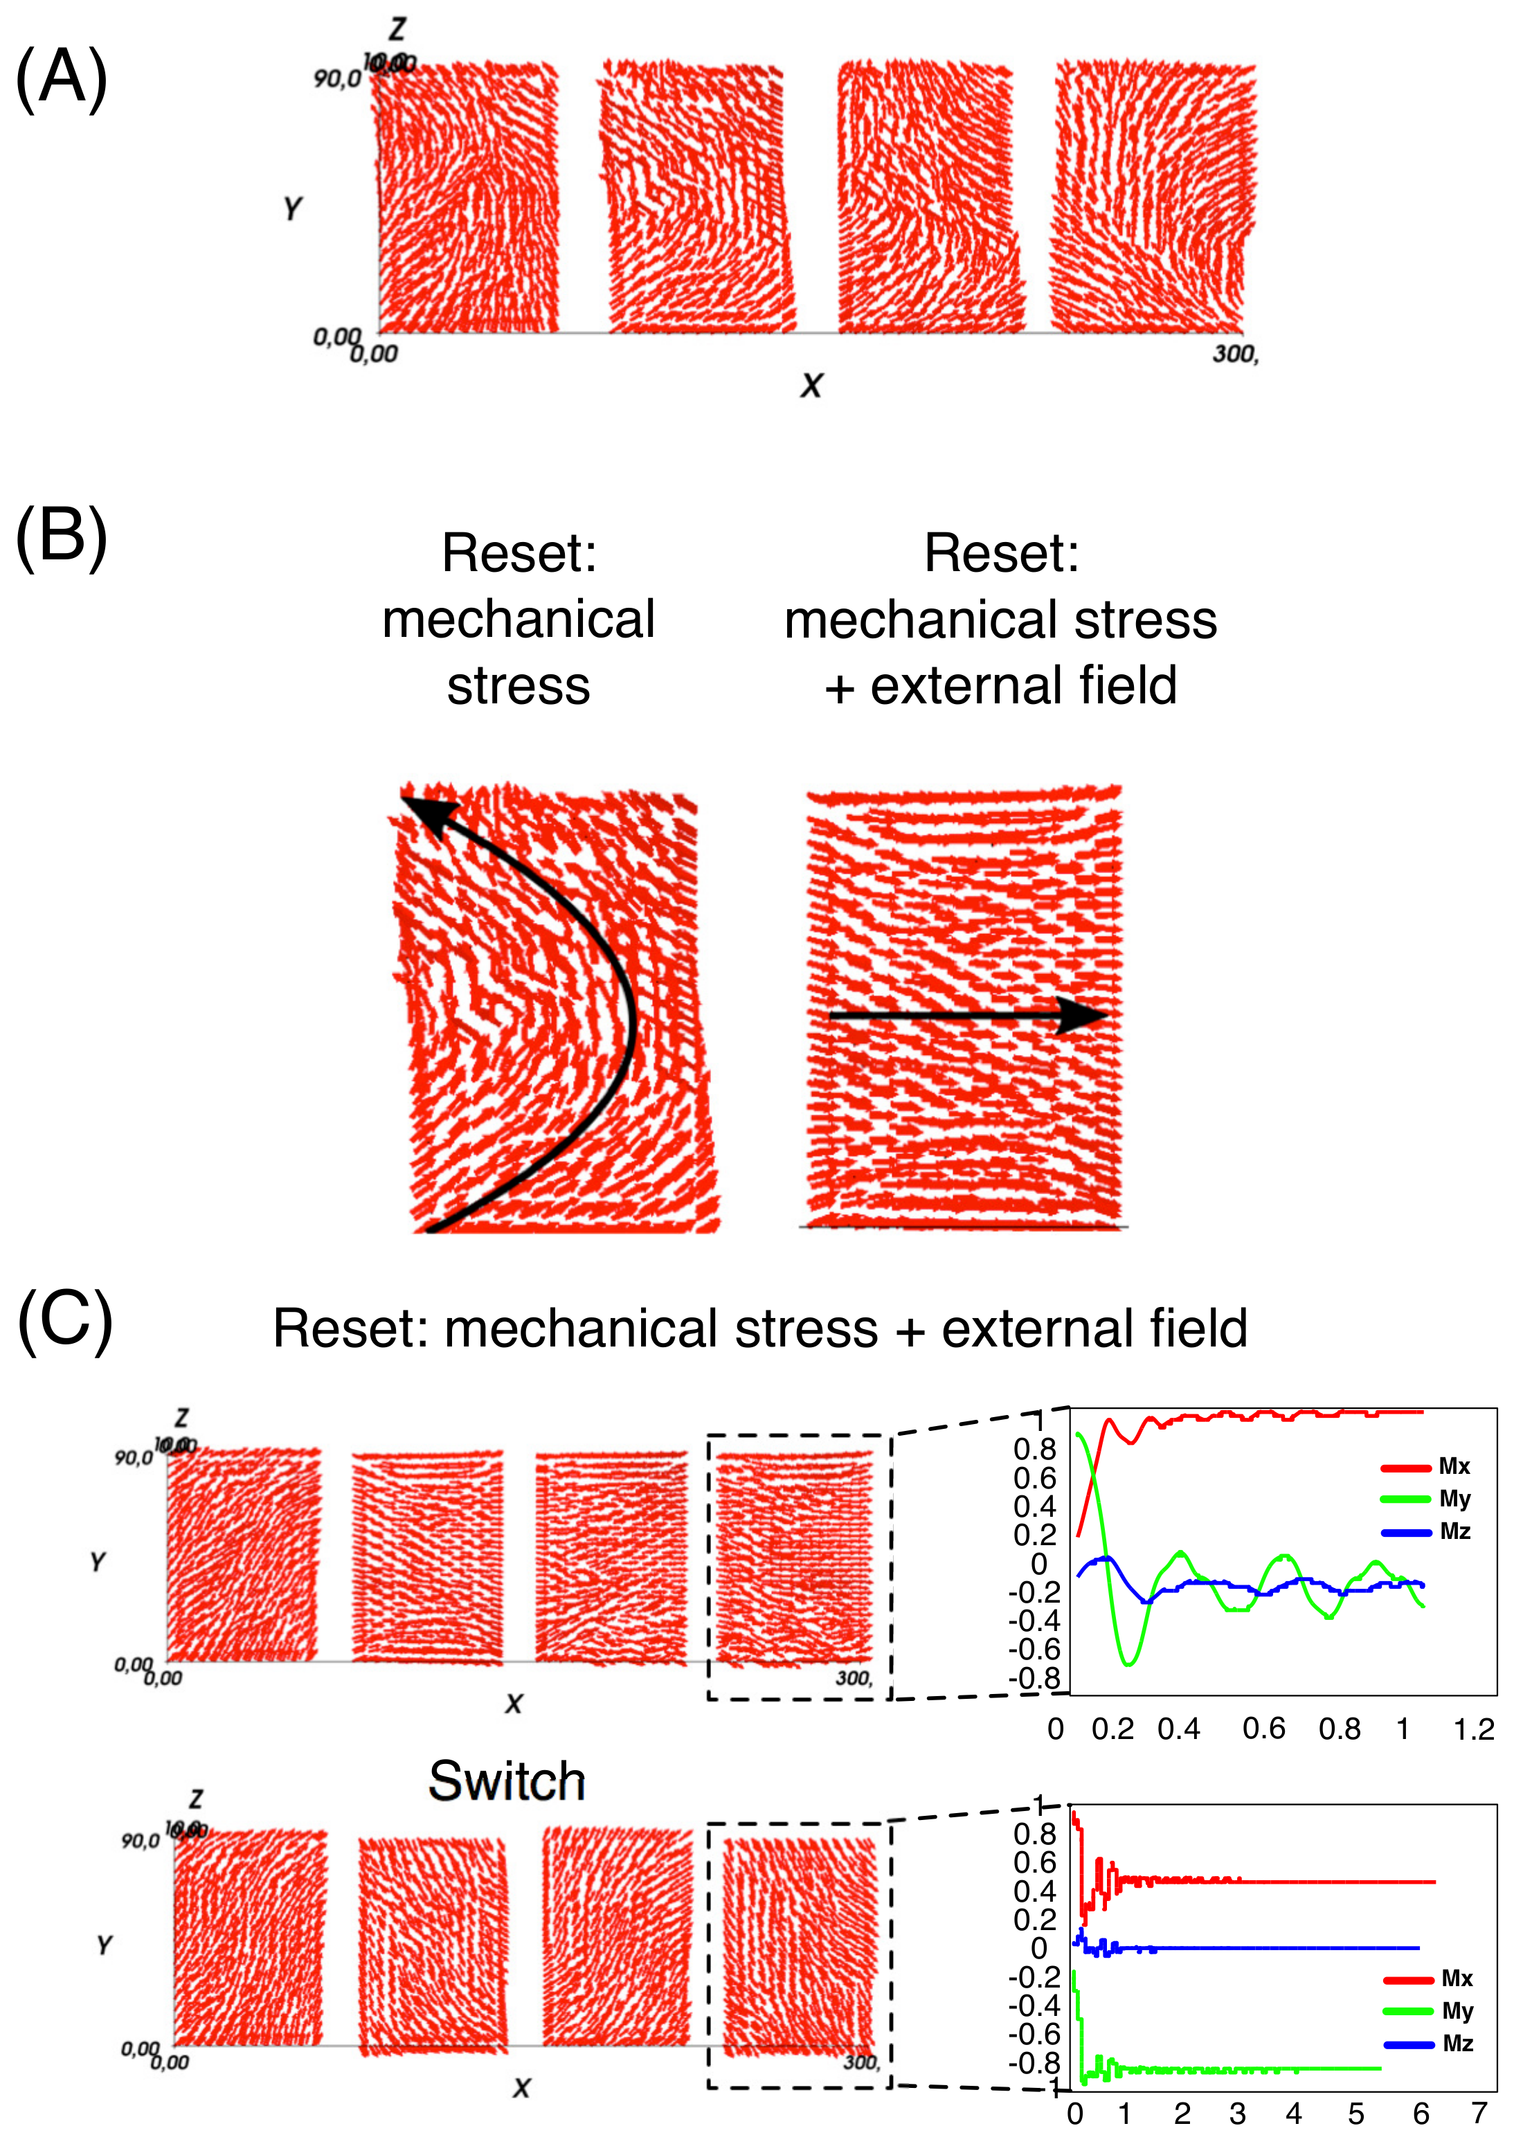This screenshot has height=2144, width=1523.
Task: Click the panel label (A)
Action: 62,79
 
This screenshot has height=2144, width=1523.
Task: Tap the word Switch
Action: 507,1780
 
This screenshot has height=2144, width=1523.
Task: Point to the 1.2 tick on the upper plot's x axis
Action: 1473,1729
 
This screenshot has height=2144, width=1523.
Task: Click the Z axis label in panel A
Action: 397,29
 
